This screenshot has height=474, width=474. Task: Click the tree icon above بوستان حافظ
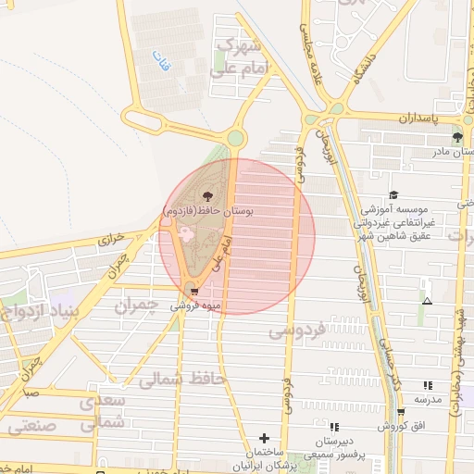click(x=206, y=195)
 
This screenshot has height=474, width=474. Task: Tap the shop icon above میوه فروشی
click(x=193, y=286)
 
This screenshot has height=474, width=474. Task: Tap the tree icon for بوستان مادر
click(x=458, y=137)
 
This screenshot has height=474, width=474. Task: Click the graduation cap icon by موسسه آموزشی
click(x=393, y=195)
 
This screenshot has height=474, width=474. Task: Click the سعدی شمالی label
click(x=96, y=411)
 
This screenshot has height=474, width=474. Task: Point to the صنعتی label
click(x=31, y=427)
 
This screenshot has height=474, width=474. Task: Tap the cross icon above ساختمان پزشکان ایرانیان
click(x=265, y=438)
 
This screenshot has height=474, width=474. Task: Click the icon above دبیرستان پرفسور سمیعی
click(x=334, y=427)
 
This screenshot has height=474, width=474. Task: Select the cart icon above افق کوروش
click(x=401, y=412)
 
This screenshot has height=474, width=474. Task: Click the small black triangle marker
click(x=427, y=302)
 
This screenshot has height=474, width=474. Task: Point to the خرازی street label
click(x=112, y=238)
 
